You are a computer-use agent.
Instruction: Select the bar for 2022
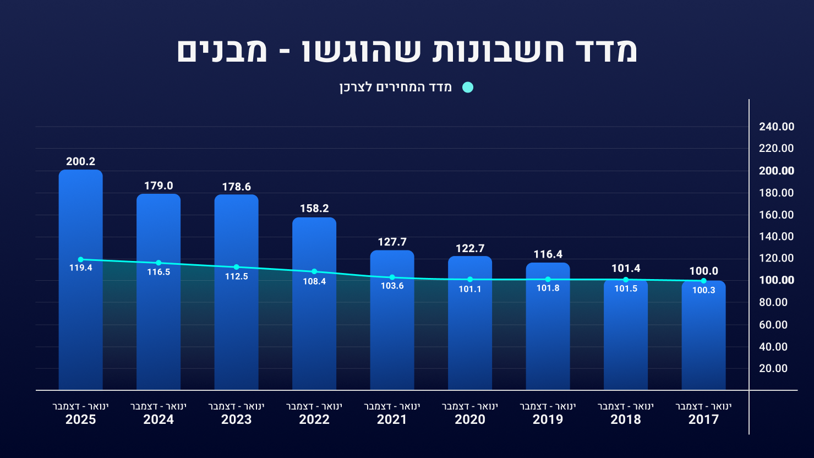point(314,330)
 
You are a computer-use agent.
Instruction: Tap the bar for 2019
point(548,341)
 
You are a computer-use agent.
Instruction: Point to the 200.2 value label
point(81,161)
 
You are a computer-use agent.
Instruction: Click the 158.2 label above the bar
point(314,209)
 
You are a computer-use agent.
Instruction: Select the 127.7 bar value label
point(392,242)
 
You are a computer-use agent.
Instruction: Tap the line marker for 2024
point(159,263)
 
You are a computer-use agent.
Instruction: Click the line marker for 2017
point(703,281)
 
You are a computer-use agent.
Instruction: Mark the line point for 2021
point(392,277)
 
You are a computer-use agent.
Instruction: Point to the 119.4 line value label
point(81,268)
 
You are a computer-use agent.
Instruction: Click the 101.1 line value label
point(470,289)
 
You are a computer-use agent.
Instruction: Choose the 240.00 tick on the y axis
point(777,127)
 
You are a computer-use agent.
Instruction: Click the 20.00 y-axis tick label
point(773,369)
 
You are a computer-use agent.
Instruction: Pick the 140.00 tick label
point(777,237)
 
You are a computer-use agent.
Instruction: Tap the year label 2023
point(237,419)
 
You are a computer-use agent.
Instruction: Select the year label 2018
point(626,419)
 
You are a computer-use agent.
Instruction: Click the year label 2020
point(470,419)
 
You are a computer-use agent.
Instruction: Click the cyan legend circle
point(468,88)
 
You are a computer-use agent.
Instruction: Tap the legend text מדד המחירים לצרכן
point(396,88)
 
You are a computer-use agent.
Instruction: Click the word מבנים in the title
point(223,51)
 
